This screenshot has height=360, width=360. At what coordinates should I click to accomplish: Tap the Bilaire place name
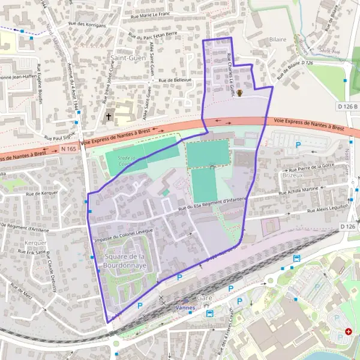(278, 39)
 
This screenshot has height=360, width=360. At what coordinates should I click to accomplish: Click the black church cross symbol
(109, 116)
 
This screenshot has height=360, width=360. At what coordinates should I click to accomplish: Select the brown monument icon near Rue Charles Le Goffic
(240, 93)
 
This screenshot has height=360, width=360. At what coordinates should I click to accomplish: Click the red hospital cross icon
(349, 331)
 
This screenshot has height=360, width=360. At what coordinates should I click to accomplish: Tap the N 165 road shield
(67, 148)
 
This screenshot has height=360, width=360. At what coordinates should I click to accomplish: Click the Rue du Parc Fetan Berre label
(154, 35)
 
